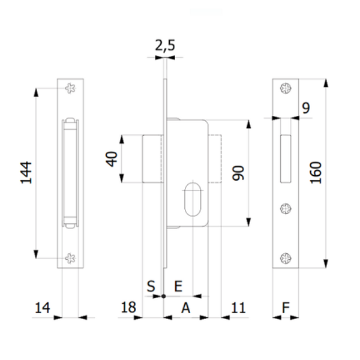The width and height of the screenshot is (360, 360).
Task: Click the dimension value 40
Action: pyautogui.click(x=112, y=159)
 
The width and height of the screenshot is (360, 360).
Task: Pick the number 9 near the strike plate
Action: pyautogui.click(x=306, y=108)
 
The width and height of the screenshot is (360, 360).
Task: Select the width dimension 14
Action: pyautogui.click(x=41, y=308)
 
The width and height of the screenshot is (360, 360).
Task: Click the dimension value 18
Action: pyautogui.click(x=128, y=308)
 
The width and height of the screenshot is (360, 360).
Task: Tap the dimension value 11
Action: pyautogui.click(x=238, y=308)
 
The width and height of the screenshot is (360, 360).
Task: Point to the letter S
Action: pyautogui.click(x=151, y=286)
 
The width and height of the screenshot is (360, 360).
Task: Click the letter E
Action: pyautogui.click(x=178, y=286)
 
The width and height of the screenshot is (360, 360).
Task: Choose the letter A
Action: pyautogui.click(x=186, y=308)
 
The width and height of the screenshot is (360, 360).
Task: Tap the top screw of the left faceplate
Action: pyautogui.click(x=71, y=89)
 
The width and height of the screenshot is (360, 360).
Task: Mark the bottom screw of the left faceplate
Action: pyautogui.click(x=71, y=258)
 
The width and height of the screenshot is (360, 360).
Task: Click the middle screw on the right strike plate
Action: pyautogui.click(x=286, y=209)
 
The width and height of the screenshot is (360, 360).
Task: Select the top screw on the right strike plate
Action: pyautogui.click(x=286, y=89)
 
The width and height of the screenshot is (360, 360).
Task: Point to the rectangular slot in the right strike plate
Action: pyautogui.click(x=286, y=158)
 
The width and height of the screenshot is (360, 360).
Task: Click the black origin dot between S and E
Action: pyautogui.click(x=163, y=296)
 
